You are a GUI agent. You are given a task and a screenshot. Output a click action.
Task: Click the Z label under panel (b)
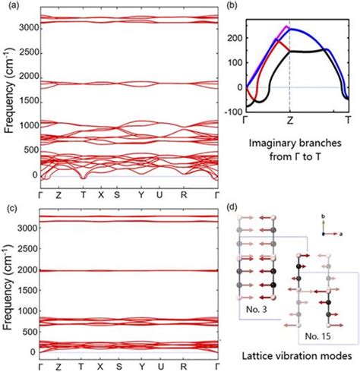(290, 120)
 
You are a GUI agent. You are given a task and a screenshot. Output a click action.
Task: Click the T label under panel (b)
(348, 120)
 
